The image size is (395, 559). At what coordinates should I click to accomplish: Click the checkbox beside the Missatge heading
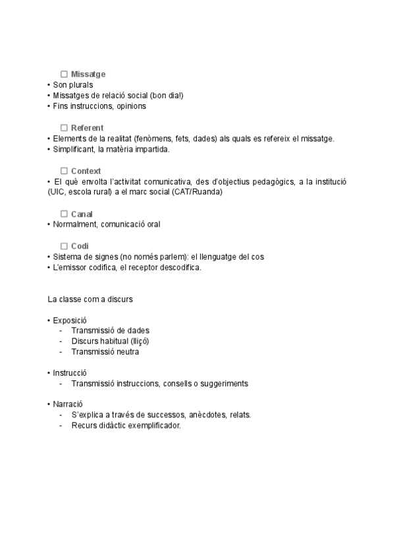pos(64,74)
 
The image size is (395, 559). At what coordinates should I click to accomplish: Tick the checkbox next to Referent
pos(64,128)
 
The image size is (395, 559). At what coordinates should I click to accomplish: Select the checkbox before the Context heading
pos(64,171)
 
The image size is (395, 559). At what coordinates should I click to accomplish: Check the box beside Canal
pos(64,214)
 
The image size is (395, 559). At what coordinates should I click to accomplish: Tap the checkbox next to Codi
pos(64,246)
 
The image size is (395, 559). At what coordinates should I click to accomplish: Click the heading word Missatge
pos(88,74)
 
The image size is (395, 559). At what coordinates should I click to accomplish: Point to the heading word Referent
pos(87,128)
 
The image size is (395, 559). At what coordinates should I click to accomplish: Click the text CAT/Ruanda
pos(198,192)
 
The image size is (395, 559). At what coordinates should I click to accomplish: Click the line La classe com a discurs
pos(90,299)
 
